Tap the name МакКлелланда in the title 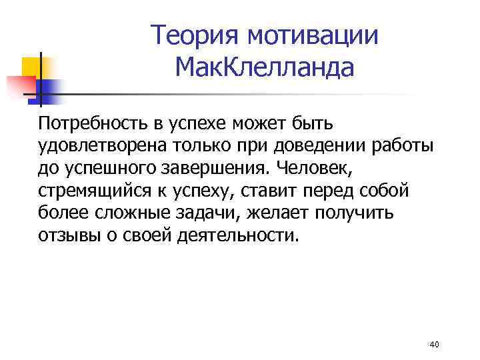pyautogui.click(x=264, y=67)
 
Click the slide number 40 pyautogui.click(x=435, y=344)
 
